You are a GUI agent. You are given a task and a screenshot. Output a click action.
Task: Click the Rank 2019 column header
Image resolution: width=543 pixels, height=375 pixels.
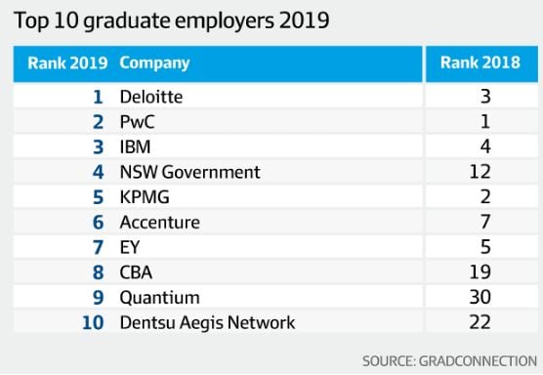point(67,63)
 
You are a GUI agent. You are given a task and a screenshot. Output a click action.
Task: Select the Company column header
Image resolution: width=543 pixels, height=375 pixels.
point(154,63)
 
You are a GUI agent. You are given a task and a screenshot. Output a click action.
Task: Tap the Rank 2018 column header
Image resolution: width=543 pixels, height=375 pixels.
point(480,62)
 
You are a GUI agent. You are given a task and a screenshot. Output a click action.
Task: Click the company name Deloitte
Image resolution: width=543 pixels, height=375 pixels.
point(151,97)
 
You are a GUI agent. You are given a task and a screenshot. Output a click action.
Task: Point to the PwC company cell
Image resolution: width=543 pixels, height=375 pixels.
point(137,122)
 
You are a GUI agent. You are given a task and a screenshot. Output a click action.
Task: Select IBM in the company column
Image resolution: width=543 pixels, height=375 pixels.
point(135,146)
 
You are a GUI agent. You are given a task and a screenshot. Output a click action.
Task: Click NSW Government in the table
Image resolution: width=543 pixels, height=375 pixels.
point(189,172)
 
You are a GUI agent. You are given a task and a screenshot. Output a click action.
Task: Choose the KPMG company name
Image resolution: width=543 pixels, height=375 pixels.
point(145,197)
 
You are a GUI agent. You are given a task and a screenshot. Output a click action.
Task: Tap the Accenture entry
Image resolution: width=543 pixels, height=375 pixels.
point(159,223)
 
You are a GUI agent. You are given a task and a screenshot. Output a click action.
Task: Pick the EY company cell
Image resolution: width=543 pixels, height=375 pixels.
point(130,247)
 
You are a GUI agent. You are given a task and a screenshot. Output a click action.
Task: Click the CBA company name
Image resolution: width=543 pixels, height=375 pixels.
point(136,272)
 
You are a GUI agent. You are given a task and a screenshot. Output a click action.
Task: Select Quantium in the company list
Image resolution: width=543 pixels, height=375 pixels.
point(159,298)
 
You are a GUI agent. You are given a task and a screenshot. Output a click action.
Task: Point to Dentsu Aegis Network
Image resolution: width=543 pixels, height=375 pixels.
point(207,322)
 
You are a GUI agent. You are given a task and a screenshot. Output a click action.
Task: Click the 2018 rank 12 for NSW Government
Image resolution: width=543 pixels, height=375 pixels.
point(480,172)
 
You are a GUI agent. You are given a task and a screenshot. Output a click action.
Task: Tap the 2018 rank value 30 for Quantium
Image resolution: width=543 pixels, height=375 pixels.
point(480,297)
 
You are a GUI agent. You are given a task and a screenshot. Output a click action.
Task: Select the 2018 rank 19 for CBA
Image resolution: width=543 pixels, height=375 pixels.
point(480,272)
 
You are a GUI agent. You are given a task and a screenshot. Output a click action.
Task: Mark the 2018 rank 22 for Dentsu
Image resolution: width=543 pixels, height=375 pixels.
point(480,322)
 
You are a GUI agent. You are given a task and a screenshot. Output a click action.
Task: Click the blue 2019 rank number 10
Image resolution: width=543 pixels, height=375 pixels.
point(93,322)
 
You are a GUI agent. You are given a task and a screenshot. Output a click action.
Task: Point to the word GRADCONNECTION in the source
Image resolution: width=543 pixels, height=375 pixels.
point(478,361)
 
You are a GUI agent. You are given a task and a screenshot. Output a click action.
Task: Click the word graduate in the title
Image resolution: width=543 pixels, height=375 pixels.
point(126,21)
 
